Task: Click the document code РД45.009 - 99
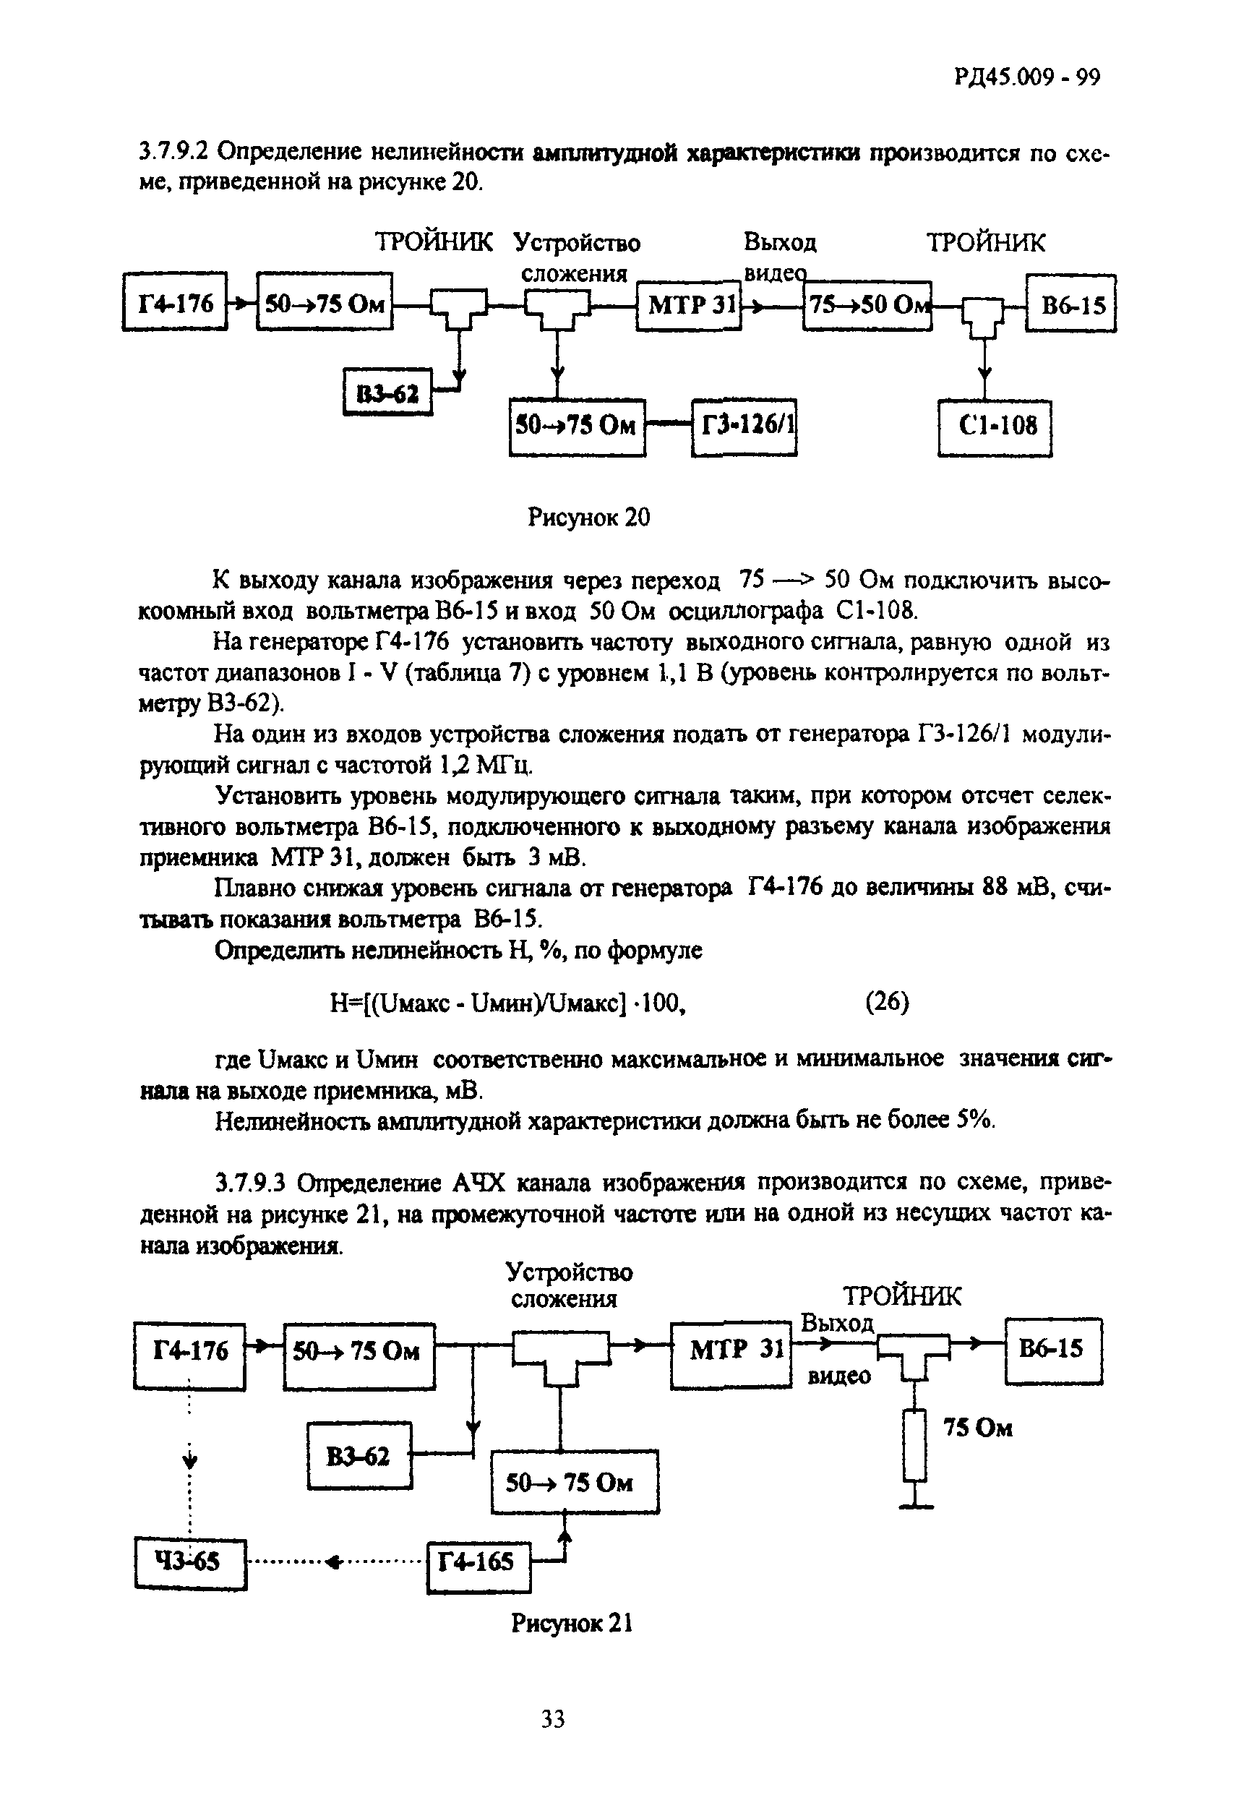(x=1027, y=77)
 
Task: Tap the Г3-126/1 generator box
(x=744, y=427)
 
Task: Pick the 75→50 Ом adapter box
(x=867, y=305)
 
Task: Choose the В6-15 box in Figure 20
(x=1071, y=305)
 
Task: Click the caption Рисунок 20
(x=588, y=516)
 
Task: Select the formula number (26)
(x=887, y=1003)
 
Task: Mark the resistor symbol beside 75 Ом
(x=915, y=1445)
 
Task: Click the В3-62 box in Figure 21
(x=359, y=1456)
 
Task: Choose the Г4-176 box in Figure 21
(x=189, y=1353)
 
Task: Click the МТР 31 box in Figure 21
(x=730, y=1353)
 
